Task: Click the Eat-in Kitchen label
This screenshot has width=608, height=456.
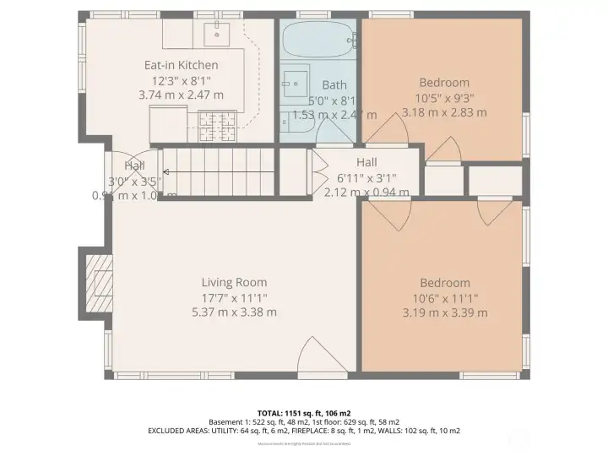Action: pos(181,65)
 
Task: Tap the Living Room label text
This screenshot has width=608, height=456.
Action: pos(234,282)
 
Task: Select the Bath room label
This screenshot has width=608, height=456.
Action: pos(334,84)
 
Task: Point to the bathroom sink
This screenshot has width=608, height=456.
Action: pos(295,82)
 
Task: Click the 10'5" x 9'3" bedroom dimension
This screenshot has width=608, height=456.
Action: pos(444,97)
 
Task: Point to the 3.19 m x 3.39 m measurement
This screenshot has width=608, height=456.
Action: pos(445,312)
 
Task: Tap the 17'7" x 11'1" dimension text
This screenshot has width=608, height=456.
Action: pos(234,297)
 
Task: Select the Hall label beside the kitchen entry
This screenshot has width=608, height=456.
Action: pos(135,166)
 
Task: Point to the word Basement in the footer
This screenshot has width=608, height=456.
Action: pos(230,421)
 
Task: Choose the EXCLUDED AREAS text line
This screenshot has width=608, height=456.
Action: pos(303,431)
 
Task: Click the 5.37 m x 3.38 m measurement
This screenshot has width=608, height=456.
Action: pos(234,312)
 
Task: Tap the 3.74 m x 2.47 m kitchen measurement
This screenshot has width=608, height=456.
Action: pos(181,95)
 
